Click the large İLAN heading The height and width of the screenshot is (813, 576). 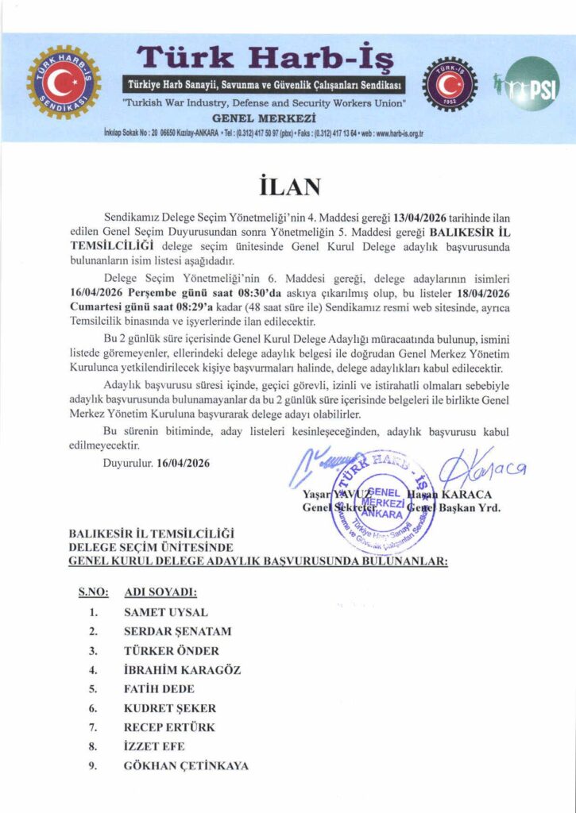288,186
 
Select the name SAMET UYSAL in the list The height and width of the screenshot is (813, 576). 165,612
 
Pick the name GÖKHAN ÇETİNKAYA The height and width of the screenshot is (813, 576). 186,766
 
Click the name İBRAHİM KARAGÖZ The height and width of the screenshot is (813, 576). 182,670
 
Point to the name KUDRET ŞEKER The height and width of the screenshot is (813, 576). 169,708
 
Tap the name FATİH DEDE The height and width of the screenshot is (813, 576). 159,689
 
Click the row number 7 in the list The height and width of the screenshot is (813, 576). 93,727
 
